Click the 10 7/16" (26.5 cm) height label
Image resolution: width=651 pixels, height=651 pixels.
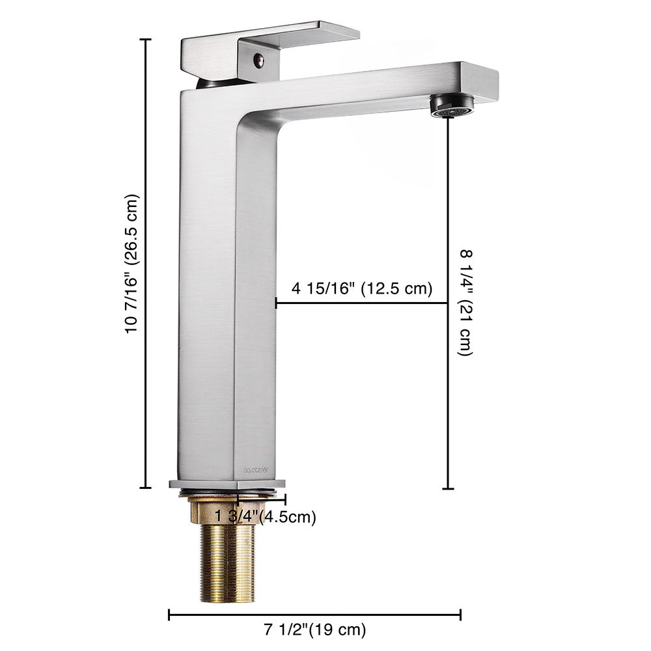(x=132, y=264)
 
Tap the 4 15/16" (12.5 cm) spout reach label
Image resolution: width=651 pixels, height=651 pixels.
(x=361, y=289)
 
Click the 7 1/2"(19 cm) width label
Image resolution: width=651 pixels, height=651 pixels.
(x=315, y=630)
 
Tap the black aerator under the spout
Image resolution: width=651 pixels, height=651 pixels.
(x=453, y=106)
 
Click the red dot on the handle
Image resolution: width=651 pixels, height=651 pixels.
(x=258, y=62)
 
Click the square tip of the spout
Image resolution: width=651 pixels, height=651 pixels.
(x=480, y=81)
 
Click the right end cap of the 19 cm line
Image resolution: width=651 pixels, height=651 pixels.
(x=460, y=615)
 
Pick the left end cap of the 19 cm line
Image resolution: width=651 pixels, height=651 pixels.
(x=169, y=615)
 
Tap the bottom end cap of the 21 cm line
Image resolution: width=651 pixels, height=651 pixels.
(x=448, y=488)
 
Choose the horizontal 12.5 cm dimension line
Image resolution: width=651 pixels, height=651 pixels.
(x=361, y=303)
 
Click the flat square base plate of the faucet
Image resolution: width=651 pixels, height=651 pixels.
(x=227, y=484)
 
